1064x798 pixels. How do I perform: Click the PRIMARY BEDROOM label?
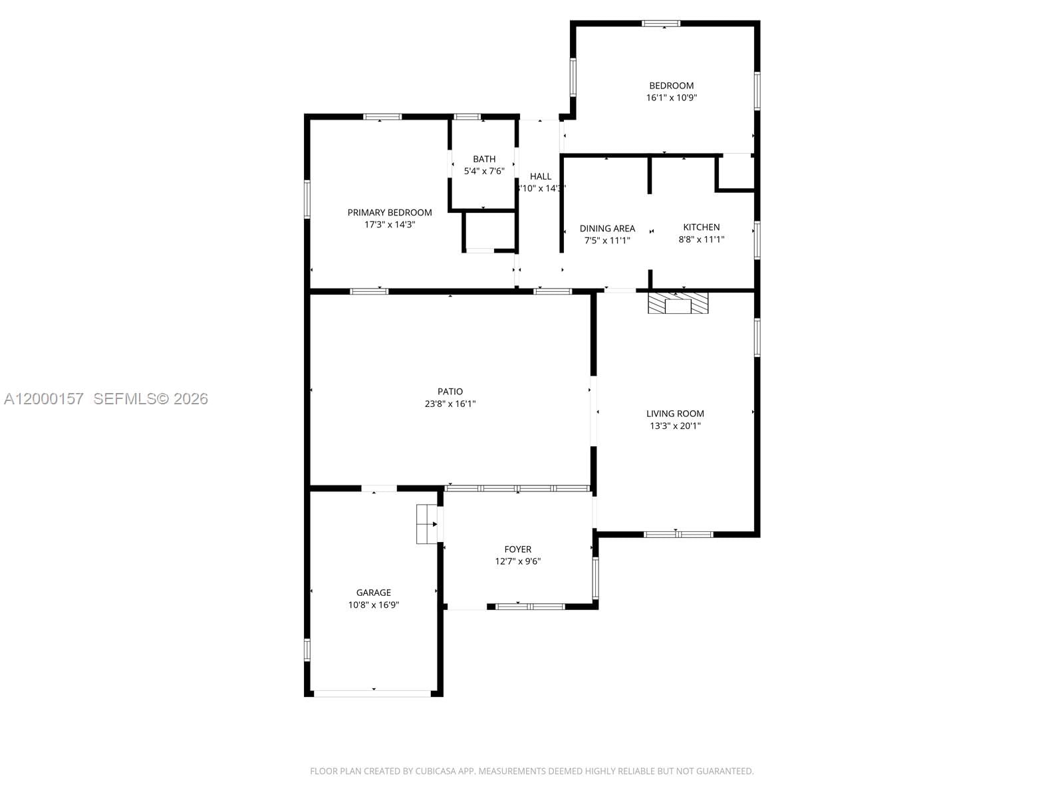(x=390, y=213)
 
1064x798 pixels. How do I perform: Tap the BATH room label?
(x=484, y=159)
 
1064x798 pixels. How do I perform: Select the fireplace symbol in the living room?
(x=679, y=303)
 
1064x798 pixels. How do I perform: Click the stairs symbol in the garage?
(x=426, y=524)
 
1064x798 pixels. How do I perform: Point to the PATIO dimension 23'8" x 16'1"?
(x=450, y=404)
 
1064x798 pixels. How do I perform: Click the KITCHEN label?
(x=701, y=227)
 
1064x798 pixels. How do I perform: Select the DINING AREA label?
(x=607, y=229)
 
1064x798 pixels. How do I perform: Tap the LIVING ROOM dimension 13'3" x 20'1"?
(x=675, y=426)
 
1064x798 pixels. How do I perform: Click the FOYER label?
(x=517, y=549)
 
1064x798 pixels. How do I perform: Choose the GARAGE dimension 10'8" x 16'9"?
(x=373, y=604)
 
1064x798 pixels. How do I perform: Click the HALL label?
(x=541, y=176)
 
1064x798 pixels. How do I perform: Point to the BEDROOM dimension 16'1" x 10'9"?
(x=671, y=97)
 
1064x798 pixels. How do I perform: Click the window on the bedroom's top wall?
(x=661, y=23)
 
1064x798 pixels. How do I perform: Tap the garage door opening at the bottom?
(x=373, y=694)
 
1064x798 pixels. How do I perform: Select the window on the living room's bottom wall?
(x=678, y=534)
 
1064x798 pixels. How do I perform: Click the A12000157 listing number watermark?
(x=44, y=398)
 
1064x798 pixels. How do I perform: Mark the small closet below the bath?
(x=490, y=231)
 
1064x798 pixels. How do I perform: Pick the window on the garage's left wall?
(x=307, y=649)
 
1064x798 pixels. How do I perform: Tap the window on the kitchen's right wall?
(x=757, y=240)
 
